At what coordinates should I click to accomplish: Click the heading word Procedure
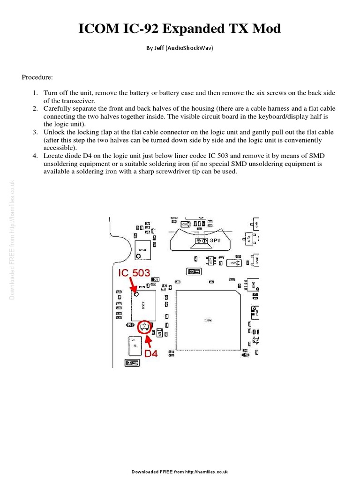(x=37, y=77)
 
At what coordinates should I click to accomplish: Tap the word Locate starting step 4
(x=54, y=156)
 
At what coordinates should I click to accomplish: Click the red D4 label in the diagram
(x=150, y=354)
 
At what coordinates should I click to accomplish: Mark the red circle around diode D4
(x=145, y=327)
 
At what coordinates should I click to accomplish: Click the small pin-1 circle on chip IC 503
(x=136, y=295)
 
